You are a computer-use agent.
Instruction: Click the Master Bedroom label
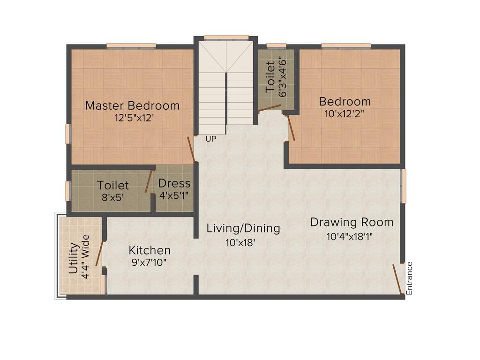[132, 105]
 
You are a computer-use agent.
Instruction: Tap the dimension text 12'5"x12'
[134, 118]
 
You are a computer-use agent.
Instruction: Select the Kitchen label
[150, 250]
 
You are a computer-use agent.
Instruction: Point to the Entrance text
[409, 278]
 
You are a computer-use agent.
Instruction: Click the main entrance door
[397, 279]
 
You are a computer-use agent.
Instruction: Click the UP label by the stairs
[211, 139]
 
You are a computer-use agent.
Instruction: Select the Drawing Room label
[352, 222]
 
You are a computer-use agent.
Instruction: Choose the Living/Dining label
[243, 228]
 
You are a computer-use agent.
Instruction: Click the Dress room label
[174, 183]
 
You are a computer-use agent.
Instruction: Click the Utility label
[74, 258]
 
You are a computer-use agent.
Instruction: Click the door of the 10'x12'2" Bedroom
[291, 127]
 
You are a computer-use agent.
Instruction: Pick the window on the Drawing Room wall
[403, 186]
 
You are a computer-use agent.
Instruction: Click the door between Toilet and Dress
[149, 181]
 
